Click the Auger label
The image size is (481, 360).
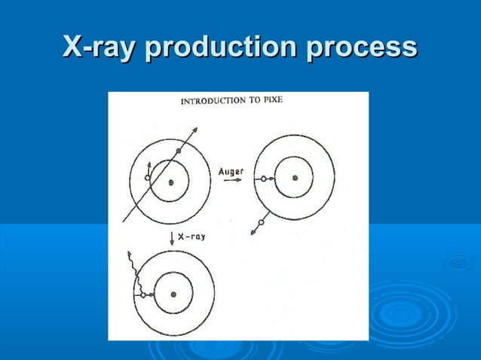point(231,171)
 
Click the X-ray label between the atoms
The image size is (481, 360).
point(191,236)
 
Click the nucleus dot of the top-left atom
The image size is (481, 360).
point(171,181)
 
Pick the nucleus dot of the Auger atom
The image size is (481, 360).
point(295,178)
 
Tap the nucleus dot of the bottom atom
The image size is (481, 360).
point(174,294)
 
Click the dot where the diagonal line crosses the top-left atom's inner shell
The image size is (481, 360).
point(179,151)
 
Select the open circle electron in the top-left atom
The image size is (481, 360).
point(148,178)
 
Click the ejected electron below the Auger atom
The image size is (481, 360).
point(261,222)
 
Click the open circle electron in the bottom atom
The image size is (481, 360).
point(142,295)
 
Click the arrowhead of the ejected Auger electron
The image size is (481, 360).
point(253,233)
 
